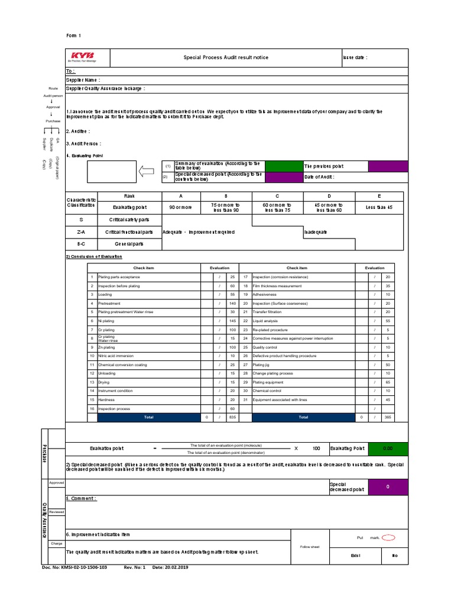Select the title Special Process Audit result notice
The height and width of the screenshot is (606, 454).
tap(226, 57)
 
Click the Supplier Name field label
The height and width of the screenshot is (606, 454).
tap(83, 79)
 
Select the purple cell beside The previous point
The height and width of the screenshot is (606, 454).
tap(388, 166)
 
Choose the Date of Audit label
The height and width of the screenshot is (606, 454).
tap(319, 177)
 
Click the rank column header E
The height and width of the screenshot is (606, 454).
tap(379, 196)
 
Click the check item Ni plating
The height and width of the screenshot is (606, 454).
tap(106, 321)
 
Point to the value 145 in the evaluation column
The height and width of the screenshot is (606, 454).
tap(232, 321)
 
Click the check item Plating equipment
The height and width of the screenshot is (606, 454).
tap(265, 382)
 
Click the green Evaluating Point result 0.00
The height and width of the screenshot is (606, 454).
tap(388, 449)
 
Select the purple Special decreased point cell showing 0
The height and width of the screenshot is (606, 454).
tap(388, 486)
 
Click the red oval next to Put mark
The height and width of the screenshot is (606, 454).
tap(388, 538)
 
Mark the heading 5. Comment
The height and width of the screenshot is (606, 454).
tap(82, 499)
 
